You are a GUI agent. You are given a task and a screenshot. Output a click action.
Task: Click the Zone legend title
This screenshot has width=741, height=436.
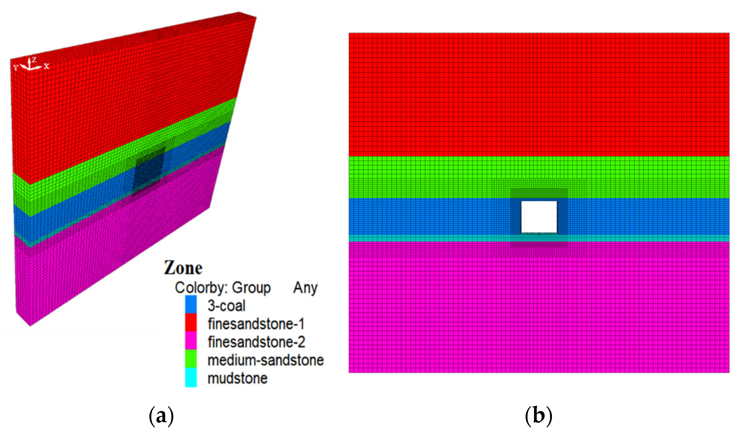(x=183, y=268)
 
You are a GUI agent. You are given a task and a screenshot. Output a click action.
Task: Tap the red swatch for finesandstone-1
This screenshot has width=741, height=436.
(x=191, y=323)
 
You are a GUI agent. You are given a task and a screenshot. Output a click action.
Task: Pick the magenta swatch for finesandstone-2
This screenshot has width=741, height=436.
(x=191, y=341)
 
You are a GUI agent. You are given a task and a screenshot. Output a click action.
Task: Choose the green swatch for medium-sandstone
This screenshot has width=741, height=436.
(x=191, y=359)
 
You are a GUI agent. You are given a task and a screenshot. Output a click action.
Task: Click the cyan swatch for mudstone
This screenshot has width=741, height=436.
(x=191, y=377)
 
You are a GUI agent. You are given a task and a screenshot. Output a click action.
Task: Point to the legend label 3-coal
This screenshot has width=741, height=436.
(x=226, y=306)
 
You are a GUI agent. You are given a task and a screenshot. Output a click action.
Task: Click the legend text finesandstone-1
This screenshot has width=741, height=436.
(x=256, y=324)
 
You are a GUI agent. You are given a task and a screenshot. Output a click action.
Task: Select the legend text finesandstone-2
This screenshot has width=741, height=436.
(x=256, y=342)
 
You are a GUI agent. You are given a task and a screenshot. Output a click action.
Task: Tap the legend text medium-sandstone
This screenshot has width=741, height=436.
(x=265, y=360)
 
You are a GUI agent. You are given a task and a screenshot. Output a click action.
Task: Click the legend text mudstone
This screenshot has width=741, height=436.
(x=237, y=379)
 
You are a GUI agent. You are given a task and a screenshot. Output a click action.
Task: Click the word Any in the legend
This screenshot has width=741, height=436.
(x=305, y=288)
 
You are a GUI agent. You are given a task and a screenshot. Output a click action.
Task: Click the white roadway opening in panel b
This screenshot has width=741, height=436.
(x=539, y=217)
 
